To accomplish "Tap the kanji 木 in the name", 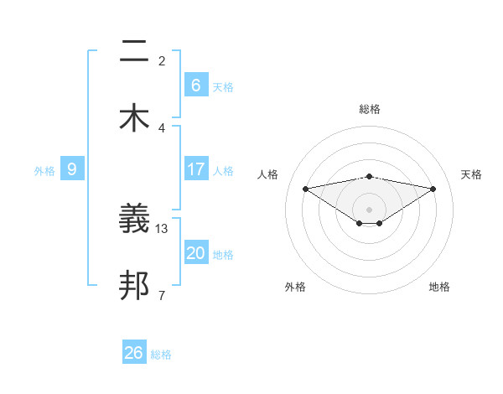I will (x=134, y=118).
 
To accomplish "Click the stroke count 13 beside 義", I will (x=163, y=228).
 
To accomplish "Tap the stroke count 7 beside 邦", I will (x=162, y=295).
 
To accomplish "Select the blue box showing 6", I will (x=196, y=86).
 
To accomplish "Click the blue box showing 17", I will (x=196, y=169).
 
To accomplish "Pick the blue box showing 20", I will (x=196, y=253).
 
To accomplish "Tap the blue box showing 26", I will (x=134, y=353).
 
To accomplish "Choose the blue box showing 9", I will (x=72, y=169).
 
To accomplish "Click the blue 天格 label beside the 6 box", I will (x=223, y=87).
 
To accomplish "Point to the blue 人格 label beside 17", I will (x=223, y=171).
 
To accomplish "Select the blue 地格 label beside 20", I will (x=223, y=255).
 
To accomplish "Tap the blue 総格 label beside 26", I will (x=161, y=355).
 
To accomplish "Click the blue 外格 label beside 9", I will (x=44, y=171).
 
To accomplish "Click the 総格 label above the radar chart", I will (x=370, y=109).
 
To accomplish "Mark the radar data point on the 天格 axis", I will (x=433, y=189).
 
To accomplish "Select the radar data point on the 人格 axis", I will (x=305, y=189).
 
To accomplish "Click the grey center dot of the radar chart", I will (x=370, y=209).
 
